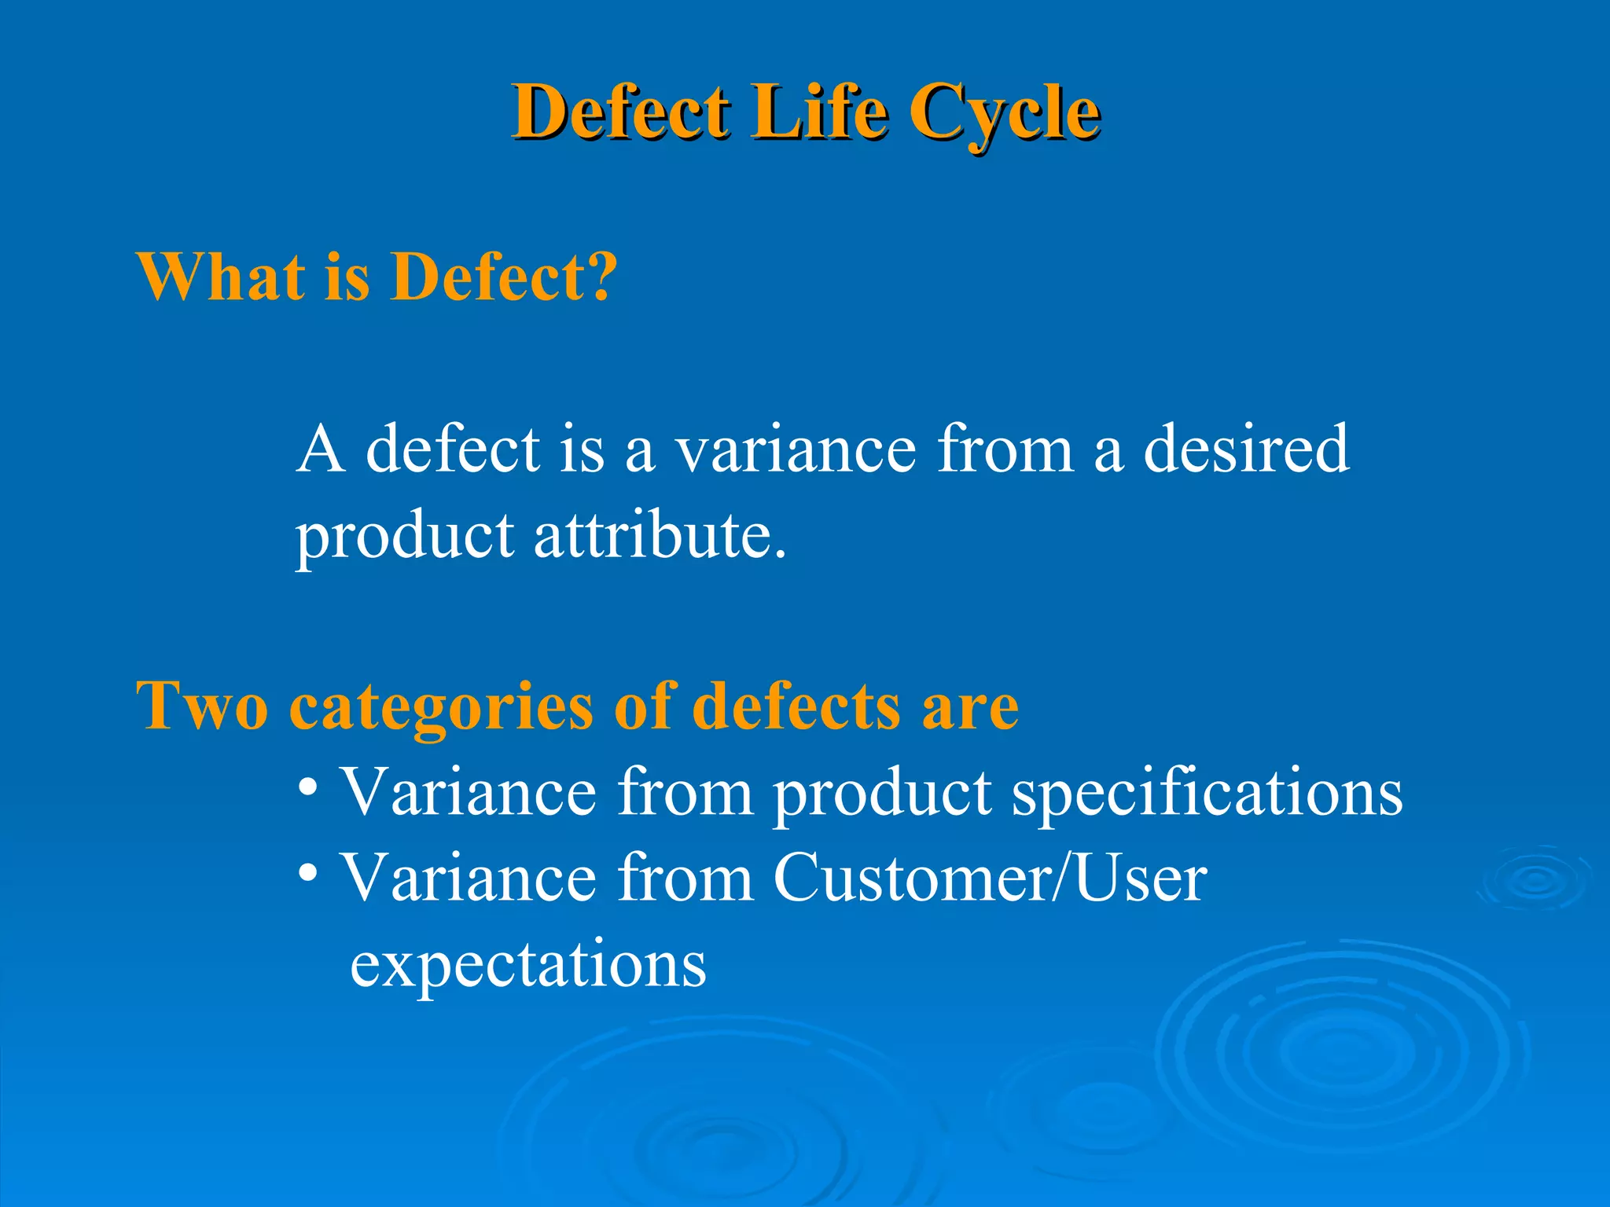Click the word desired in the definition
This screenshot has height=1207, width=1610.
pos(1246,449)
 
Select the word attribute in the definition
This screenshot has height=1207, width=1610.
pos(660,535)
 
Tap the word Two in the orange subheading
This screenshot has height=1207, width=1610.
pos(202,706)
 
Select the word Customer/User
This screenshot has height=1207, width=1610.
pos(990,878)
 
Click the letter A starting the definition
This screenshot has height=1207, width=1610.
pos(321,449)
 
